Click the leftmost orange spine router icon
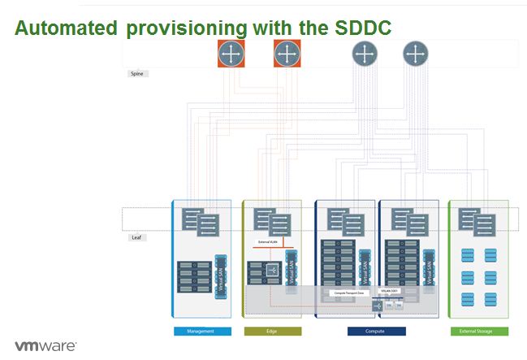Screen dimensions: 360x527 (231, 54)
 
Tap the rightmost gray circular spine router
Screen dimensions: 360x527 (416, 54)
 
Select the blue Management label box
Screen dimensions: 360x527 (202, 332)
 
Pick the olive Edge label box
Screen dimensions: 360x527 (272, 332)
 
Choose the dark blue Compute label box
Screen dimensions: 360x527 (376, 332)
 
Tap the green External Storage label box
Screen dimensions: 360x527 (479, 332)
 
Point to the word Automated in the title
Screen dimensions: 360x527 (66, 28)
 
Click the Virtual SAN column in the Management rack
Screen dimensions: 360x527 (219, 275)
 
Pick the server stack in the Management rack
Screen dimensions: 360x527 (195, 276)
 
